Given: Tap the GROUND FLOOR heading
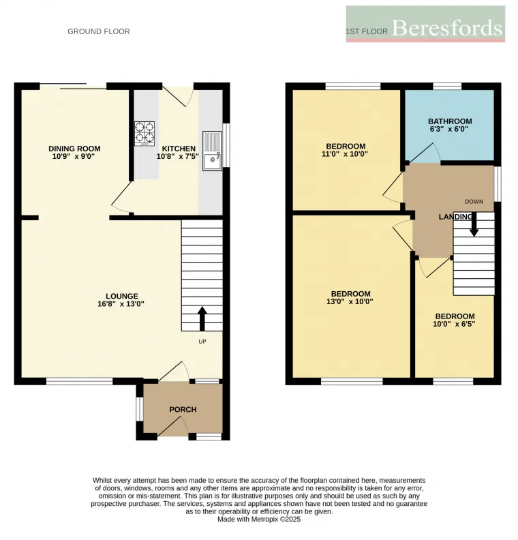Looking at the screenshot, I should click(x=98, y=31).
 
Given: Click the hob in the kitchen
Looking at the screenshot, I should click(x=144, y=134).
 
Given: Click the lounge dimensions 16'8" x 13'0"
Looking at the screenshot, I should click(x=121, y=304).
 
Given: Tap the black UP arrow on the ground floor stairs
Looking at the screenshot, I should click(x=202, y=317).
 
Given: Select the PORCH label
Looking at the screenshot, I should click(x=183, y=410).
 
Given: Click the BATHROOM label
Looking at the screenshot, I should click(x=450, y=121).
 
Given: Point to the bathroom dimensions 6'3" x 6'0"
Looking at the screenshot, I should click(x=450, y=130).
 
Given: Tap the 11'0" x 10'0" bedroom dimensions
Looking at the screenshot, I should click(x=346, y=154).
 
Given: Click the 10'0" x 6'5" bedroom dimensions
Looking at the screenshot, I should click(x=455, y=324).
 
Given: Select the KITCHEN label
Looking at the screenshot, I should click(x=179, y=149).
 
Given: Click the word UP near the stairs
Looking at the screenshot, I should click(x=202, y=342).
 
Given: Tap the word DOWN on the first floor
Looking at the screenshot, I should click(x=474, y=201).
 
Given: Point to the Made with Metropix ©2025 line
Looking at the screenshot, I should click(x=259, y=519).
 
